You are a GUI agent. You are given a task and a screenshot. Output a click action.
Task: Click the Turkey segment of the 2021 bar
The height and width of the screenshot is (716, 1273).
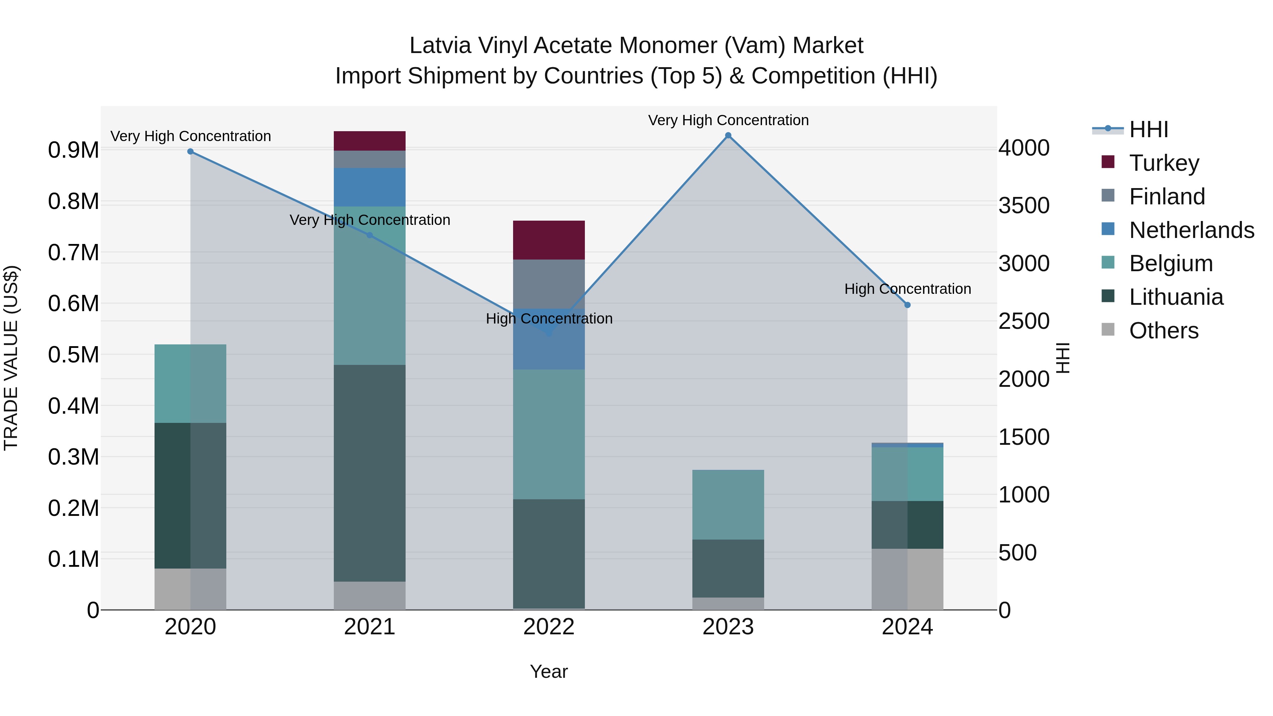(x=370, y=141)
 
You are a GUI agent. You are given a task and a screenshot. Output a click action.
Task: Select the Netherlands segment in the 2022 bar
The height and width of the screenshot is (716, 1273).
(x=548, y=346)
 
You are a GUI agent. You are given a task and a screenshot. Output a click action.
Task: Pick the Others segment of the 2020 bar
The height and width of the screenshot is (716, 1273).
(x=190, y=589)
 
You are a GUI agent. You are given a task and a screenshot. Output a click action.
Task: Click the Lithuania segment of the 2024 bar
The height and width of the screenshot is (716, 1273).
(x=907, y=525)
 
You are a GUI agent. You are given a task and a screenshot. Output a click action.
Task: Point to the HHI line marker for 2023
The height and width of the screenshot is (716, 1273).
(x=728, y=135)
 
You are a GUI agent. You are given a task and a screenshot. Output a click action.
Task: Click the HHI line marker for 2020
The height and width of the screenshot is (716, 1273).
(x=190, y=152)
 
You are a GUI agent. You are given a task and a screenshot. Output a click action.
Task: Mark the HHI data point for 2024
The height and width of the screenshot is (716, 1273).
(x=907, y=305)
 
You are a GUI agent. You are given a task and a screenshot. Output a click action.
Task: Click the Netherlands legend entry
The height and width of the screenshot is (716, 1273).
(x=1191, y=230)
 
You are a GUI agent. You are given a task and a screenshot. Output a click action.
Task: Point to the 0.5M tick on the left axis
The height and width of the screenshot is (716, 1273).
(x=73, y=355)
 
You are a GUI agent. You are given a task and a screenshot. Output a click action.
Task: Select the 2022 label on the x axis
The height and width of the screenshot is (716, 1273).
(x=548, y=627)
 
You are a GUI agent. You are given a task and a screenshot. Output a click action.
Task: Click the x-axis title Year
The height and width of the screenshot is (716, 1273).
(x=548, y=671)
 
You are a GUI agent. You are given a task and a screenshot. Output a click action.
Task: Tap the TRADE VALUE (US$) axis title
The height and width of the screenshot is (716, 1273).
(x=11, y=358)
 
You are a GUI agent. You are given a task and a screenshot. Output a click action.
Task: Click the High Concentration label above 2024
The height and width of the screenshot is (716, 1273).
(x=907, y=289)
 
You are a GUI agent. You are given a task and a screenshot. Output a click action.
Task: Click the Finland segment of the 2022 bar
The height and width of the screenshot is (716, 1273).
(x=548, y=284)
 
